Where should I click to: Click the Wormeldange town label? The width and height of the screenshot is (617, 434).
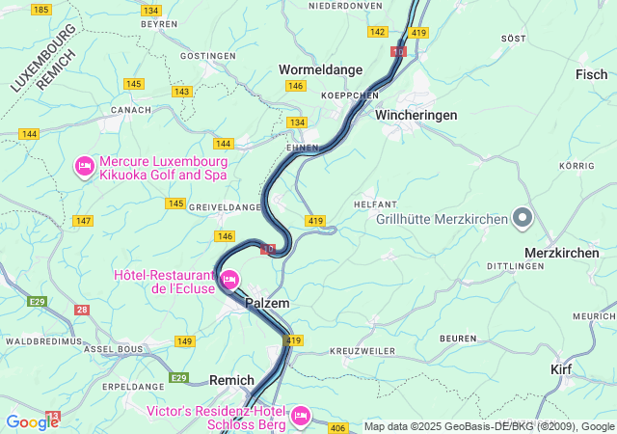coord(321,69)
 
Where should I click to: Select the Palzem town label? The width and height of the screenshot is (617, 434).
coord(267,303)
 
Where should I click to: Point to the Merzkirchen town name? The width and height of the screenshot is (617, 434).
coord(561,252)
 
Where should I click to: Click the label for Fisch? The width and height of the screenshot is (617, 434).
coord(591,74)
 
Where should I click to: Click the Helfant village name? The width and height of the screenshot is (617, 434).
coord(376,204)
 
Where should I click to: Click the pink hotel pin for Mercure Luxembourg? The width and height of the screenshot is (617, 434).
coord(84,168)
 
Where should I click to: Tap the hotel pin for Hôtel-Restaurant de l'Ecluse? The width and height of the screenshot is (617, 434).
coord(229,281)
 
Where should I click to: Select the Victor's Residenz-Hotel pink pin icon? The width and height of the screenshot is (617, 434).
coord(300,415)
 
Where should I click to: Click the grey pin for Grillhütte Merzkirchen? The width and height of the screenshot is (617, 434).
coord(522,219)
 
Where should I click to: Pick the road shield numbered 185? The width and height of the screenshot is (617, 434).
coord(41,9)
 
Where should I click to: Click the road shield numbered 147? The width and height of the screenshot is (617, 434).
coord(83,221)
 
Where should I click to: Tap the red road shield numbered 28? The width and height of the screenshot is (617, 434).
coord(82,310)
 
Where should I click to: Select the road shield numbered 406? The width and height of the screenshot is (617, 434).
coord(337,427)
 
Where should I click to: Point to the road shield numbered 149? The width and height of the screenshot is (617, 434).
coord(184,340)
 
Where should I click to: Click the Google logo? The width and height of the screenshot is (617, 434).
coord(32,421)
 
